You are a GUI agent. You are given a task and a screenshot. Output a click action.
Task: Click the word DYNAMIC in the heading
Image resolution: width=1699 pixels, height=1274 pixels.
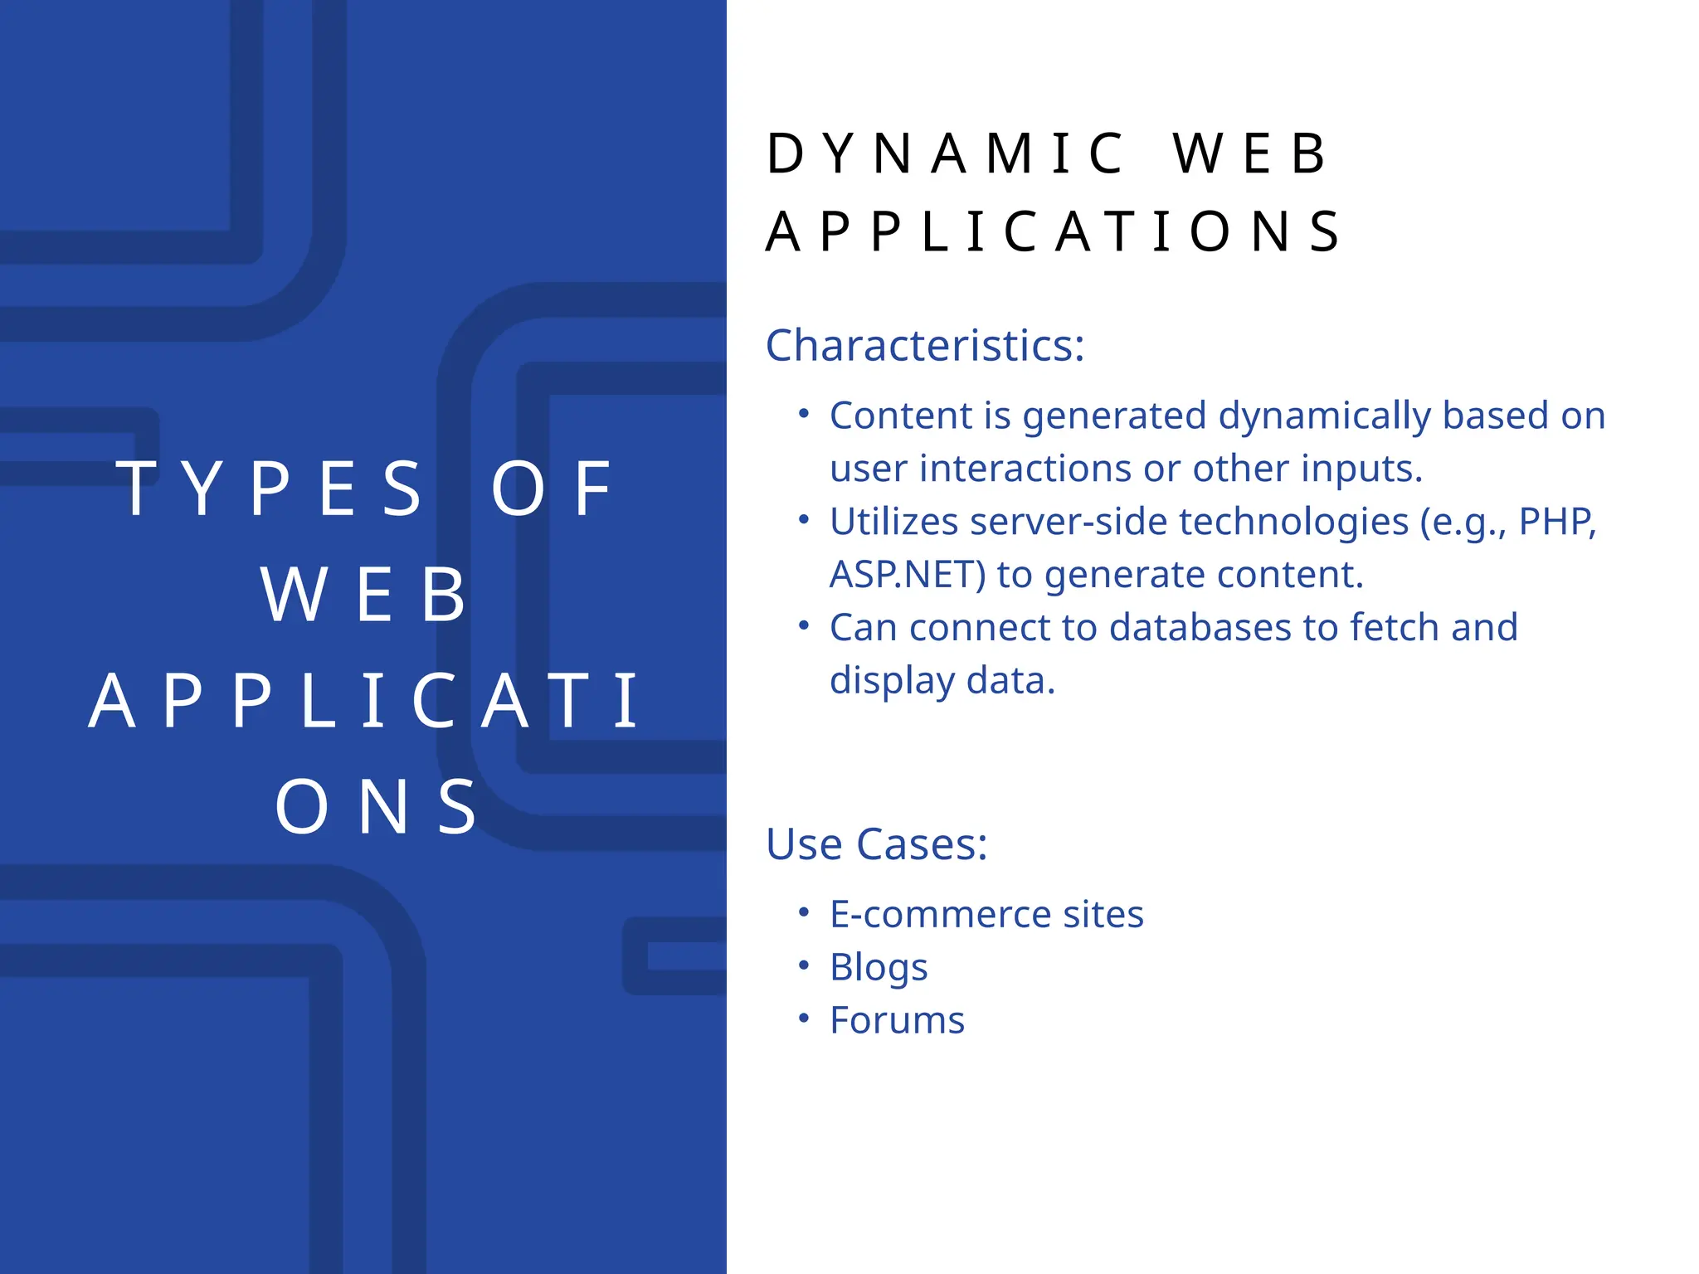[x=945, y=154]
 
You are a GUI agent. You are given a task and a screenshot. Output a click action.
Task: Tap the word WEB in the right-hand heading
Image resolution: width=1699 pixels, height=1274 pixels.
[x=1250, y=154]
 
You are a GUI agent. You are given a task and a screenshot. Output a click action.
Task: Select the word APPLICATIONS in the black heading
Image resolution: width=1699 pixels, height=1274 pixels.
[x=1052, y=231]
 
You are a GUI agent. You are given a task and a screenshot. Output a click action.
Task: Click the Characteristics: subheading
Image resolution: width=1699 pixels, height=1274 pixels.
[x=924, y=345]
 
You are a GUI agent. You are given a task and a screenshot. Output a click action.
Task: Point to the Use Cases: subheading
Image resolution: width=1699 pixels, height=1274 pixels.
[x=876, y=844]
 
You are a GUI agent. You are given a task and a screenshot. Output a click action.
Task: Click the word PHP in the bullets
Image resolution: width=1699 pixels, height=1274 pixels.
[x=1556, y=522]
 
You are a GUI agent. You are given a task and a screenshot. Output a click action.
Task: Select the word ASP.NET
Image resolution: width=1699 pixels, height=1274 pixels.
[x=907, y=575]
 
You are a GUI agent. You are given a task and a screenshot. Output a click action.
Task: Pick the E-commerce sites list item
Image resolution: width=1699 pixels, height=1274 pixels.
[x=986, y=914]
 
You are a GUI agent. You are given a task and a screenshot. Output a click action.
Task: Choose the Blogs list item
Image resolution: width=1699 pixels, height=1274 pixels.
[x=879, y=967]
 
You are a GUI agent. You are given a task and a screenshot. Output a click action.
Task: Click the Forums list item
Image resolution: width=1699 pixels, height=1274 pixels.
[x=897, y=1020]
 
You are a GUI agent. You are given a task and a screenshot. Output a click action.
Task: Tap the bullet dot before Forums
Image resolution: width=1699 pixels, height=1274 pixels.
[x=803, y=1018]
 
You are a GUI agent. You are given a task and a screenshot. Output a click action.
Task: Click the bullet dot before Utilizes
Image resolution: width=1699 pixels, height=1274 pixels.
[x=803, y=519]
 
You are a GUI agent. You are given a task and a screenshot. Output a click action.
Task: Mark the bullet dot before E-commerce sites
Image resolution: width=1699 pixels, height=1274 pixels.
[x=803, y=912]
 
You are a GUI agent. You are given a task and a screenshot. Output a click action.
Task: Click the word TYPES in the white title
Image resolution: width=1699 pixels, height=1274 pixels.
[x=270, y=489]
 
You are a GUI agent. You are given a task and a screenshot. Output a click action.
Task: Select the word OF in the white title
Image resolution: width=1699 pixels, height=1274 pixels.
[x=553, y=489]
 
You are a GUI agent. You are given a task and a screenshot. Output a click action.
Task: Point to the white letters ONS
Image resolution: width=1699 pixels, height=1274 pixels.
[x=377, y=807]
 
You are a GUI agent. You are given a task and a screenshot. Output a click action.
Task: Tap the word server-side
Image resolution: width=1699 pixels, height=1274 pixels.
[x=1068, y=522]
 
